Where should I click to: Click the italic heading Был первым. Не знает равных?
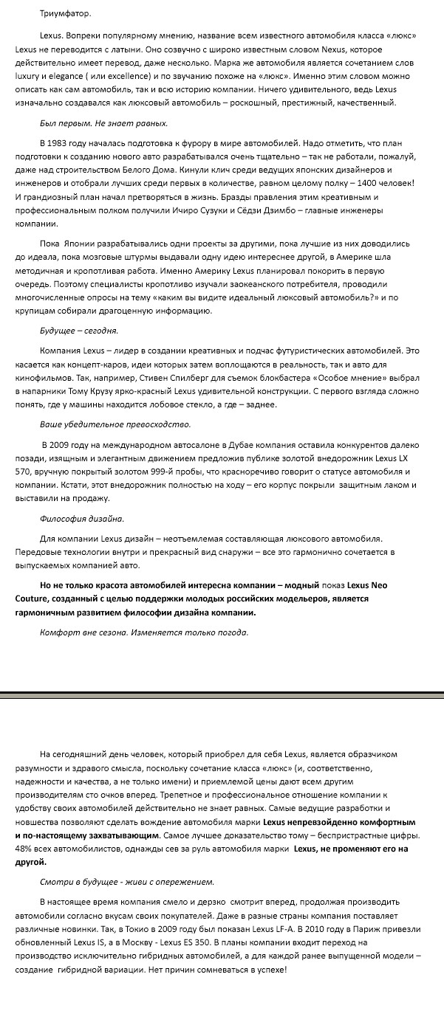[x=103, y=123]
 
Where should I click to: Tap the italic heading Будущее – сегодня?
[x=78, y=331]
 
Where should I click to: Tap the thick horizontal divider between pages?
[x=222, y=695]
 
